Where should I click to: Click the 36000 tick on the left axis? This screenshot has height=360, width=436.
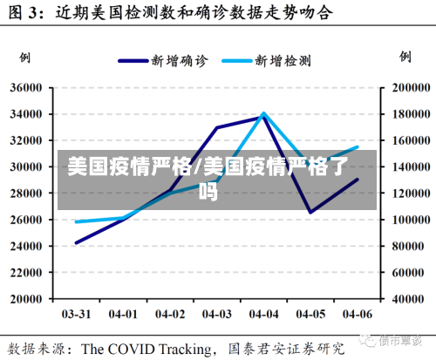tap(26, 87)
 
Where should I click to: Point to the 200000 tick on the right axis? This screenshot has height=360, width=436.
tap(411, 87)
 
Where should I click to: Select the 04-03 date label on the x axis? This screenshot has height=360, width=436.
tap(217, 314)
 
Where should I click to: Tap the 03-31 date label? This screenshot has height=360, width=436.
tap(76, 314)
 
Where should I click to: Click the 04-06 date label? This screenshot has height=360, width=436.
tap(358, 314)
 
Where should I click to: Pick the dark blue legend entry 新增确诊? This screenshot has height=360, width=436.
tap(163, 61)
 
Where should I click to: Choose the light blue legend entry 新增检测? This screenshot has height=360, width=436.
tap(267, 61)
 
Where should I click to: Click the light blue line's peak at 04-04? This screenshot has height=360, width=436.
tap(263, 113)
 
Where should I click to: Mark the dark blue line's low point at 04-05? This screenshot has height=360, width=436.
tap(310, 212)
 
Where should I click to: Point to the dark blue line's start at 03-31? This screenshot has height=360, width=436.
tap(77, 243)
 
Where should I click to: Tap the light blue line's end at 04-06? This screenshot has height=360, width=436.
tap(358, 147)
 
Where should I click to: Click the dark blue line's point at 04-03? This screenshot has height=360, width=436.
tap(217, 127)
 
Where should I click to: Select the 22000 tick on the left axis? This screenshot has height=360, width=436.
tap(26, 273)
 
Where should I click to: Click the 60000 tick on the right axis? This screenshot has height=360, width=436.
tap(408, 273)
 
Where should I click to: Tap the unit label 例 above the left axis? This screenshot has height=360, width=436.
tap(24, 58)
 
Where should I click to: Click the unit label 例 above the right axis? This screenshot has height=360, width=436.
tap(405, 57)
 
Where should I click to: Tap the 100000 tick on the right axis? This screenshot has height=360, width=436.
tap(411, 220)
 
